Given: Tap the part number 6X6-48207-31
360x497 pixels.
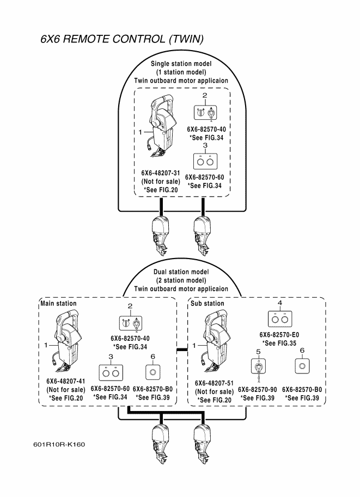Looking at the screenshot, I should coord(157,173).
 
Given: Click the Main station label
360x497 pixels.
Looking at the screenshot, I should coord(58,303).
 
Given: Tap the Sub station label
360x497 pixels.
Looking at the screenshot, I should coord(206,303).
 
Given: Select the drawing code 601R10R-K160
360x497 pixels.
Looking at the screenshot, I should coord(59,445).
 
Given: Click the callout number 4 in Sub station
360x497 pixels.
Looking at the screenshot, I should coord(279,302).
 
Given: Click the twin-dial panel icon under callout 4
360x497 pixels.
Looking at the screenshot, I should coord(279,317).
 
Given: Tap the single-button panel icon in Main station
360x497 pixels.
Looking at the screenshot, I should coord(153,372).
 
